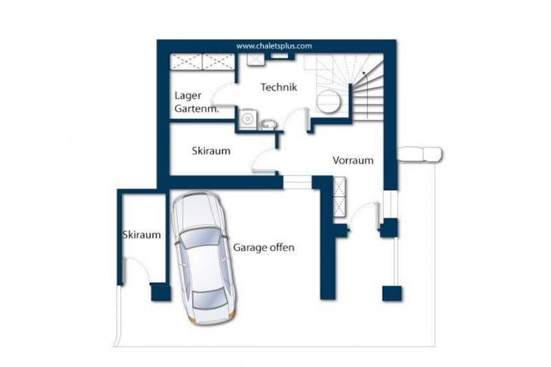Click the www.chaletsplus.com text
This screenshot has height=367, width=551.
[274, 46]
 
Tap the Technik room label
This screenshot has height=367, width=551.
[279, 87]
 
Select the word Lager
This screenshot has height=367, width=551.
[188, 96]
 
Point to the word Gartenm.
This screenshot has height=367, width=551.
[196, 109]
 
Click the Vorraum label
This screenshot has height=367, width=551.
[353, 160]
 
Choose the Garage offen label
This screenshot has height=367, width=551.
[264, 247]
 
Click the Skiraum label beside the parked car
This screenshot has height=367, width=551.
[142, 234]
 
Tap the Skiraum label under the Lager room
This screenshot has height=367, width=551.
[211, 151]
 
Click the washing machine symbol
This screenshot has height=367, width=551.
[248, 119]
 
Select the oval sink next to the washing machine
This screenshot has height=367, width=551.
[268, 124]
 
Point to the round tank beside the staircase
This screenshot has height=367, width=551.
[329, 101]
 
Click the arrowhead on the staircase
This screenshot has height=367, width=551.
[365, 73]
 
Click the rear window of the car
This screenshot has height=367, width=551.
[209, 299]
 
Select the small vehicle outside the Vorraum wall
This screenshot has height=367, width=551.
[420, 155]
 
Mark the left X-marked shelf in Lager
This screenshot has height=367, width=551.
[186, 62]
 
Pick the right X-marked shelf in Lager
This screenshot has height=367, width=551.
[218, 62]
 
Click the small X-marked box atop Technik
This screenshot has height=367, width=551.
[255, 60]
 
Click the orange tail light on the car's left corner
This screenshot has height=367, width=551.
[192, 319]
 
